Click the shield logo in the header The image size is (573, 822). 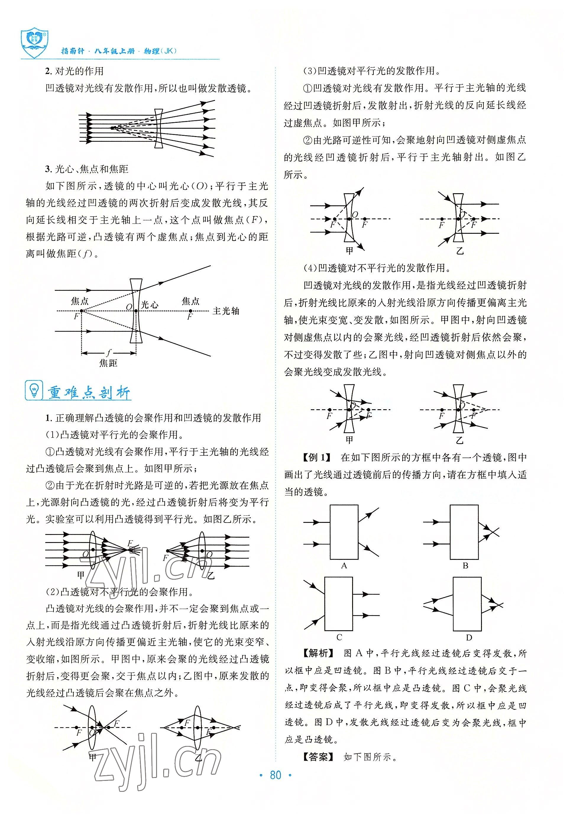click(34, 43)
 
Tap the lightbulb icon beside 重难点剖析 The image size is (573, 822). click(34, 390)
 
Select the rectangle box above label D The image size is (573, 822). click(467, 604)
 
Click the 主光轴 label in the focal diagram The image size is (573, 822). click(226, 311)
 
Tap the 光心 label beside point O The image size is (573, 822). click(150, 305)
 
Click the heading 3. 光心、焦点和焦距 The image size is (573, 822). click(87, 169)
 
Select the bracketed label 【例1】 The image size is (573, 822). click(316, 457)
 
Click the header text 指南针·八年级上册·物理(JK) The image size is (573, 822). click(119, 51)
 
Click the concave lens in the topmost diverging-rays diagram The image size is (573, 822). click(159, 128)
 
